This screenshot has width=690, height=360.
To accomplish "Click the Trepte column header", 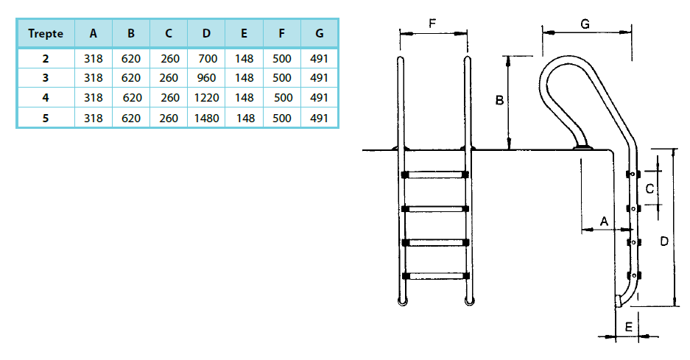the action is tap(46, 33).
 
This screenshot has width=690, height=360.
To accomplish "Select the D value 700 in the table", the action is tap(207, 59).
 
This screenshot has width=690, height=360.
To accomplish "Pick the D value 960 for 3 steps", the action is tap(206, 78).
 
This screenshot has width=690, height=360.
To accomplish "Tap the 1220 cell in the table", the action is tap(206, 98).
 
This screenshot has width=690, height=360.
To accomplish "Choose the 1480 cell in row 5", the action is tap(206, 118).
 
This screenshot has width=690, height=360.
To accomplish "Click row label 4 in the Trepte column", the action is tap(46, 98).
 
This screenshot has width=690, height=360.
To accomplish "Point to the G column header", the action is tap(320, 33).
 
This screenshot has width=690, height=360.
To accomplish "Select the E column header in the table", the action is tap(244, 33).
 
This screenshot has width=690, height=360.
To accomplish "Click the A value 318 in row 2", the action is tap(94, 59).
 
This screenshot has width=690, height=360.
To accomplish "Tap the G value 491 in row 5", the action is tap(319, 118).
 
